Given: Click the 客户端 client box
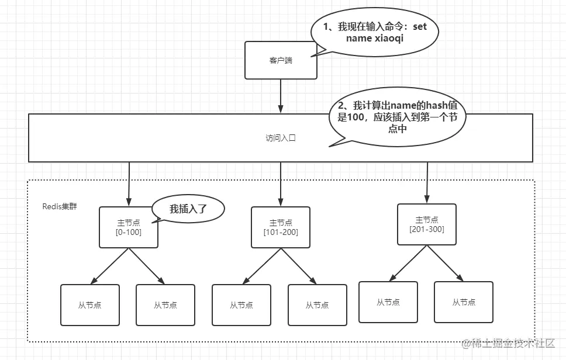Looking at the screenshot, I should [281, 60].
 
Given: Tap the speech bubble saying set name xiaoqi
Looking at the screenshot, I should [374, 33].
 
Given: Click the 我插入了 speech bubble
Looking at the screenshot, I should [188, 209].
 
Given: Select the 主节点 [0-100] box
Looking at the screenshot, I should [129, 227].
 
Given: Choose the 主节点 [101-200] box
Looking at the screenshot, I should [281, 227].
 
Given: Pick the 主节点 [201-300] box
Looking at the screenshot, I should [427, 224].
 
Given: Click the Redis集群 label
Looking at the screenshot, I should [60, 206].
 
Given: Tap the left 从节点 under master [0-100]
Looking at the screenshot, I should [90, 304].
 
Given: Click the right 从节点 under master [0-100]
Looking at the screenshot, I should [165, 304].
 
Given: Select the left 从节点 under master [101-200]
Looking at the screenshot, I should [241, 304].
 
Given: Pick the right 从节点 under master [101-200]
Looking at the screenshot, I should [317, 304].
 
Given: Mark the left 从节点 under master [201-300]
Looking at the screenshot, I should [388, 302].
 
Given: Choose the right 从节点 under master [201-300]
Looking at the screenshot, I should [464, 302].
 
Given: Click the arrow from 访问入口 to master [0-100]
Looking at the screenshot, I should [129, 184].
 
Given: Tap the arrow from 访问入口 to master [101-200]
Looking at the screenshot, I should [281, 184].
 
